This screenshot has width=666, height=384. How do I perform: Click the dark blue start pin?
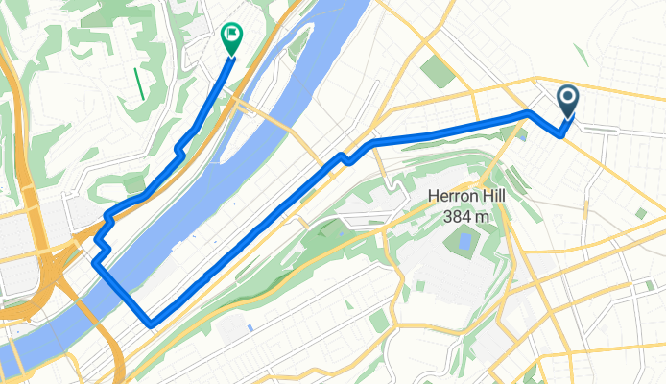tap(567, 100)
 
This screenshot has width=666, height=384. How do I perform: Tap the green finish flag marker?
tap(232, 37)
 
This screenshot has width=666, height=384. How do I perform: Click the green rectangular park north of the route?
tap(440, 69)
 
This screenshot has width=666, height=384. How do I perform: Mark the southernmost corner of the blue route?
tap(152, 322)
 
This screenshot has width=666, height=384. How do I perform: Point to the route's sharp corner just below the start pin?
tap(559, 135)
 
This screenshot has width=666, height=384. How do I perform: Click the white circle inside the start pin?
tap(567, 96)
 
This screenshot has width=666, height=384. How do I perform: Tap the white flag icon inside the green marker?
tap(232, 34)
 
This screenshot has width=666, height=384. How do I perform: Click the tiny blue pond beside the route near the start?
tap(520, 132)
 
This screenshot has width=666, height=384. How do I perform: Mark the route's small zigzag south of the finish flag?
tap(179, 148)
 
